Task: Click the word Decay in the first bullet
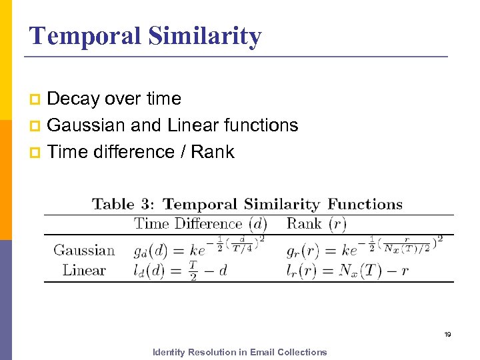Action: coord(73,99)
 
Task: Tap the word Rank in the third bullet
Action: coord(213,152)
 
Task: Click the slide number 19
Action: coord(448,335)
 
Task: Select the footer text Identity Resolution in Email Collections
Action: coord(240,352)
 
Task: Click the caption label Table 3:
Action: coord(124,204)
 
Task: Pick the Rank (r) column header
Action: coord(317,224)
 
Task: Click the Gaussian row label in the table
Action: coord(84,251)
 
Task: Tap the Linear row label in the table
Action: coord(84,270)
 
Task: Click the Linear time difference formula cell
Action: coord(181,270)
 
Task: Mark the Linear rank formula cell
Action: coord(347,270)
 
